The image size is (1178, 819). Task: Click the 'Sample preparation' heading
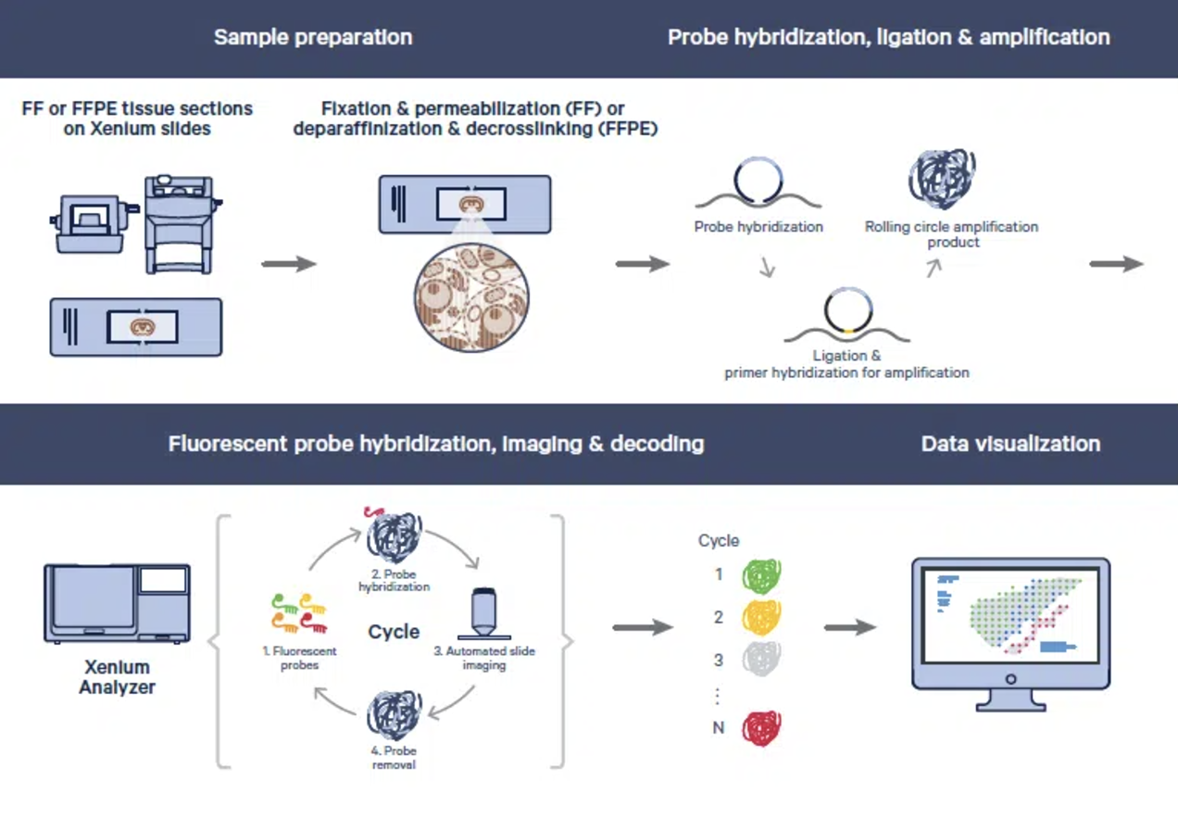pos(313,38)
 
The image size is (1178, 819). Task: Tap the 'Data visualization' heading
pos(1010,444)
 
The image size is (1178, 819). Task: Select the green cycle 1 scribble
pos(761,575)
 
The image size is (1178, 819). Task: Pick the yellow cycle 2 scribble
pos(761,618)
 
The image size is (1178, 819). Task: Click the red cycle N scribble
pos(761,728)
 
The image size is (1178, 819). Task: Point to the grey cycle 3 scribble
pos(761,660)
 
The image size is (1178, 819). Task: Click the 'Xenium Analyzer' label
pos(117,677)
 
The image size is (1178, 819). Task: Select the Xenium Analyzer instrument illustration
pos(117,603)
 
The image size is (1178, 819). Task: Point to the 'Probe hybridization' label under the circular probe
pos(758,227)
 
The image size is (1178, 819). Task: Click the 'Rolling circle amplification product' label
pos(951,234)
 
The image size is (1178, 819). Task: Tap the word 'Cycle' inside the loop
pos(394,632)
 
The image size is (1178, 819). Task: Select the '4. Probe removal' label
pos(394,758)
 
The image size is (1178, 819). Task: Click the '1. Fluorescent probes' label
pos(299,658)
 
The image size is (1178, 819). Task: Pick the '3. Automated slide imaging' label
pos(484,658)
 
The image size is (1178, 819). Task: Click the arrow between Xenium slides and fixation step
pos(289,264)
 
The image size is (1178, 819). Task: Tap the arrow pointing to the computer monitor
pos(849,628)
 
